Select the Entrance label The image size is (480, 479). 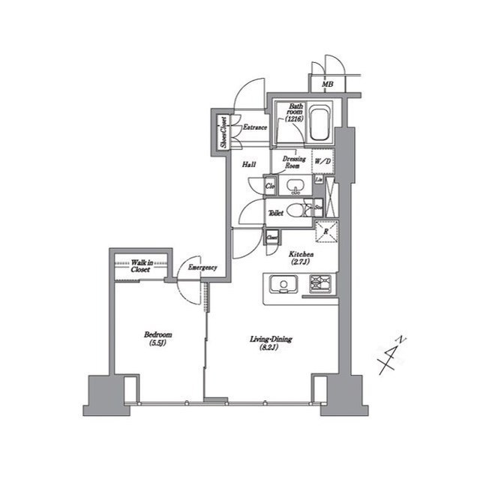point(254,127)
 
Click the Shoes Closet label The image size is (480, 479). point(223,132)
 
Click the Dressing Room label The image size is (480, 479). point(292,162)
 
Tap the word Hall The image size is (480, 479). point(249,164)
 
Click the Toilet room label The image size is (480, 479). point(275,213)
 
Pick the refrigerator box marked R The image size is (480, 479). point(325,232)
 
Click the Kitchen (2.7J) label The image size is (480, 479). point(301,259)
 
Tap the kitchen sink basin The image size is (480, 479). point(283,284)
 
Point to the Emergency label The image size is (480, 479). point(202,268)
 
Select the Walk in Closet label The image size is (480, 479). point(140,265)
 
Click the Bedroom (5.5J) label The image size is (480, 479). point(158,338)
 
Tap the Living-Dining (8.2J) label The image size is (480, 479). point(271,343)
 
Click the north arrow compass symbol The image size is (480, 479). point(391,356)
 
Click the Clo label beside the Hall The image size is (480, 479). point(270,185)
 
